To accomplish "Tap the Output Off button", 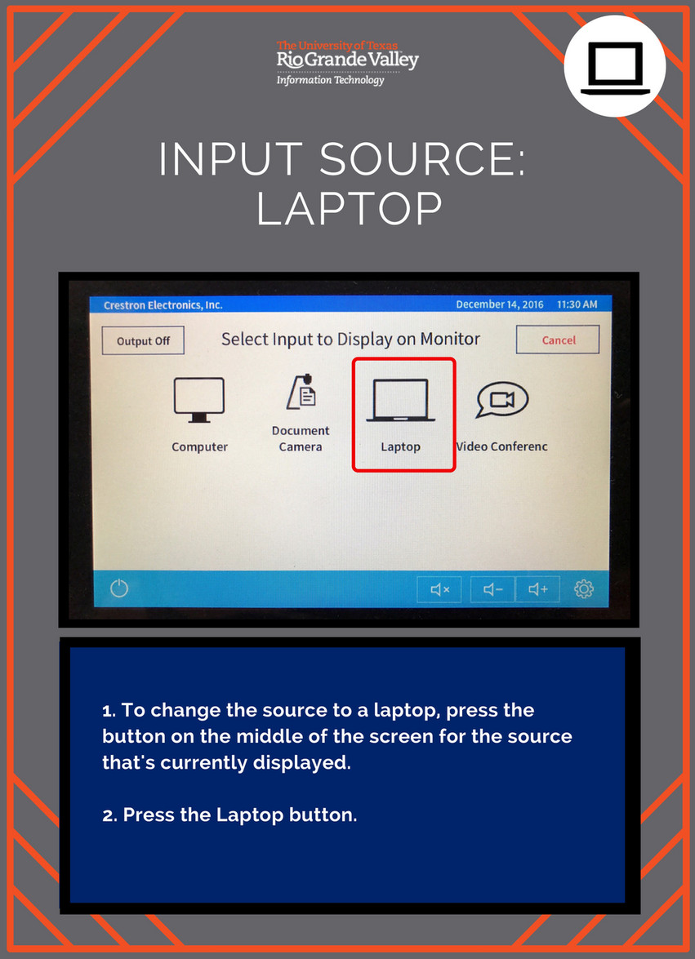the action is [143, 340].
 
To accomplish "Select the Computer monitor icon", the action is [198, 400].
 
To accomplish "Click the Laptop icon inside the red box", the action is [401, 400].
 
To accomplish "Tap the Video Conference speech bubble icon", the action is [501, 399].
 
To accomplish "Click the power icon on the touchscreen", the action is [119, 588].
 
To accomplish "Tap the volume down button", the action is [492, 589].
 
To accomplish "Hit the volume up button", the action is [537, 589].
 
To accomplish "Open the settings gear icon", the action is [584, 589].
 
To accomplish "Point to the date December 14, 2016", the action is [499, 304].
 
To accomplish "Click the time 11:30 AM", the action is [577, 304].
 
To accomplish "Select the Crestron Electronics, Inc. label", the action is [163, 305].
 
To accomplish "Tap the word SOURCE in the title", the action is [422, 160].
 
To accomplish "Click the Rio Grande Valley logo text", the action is [348, 60].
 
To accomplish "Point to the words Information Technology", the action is [331, 80].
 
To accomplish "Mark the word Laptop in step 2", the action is [250, 815].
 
